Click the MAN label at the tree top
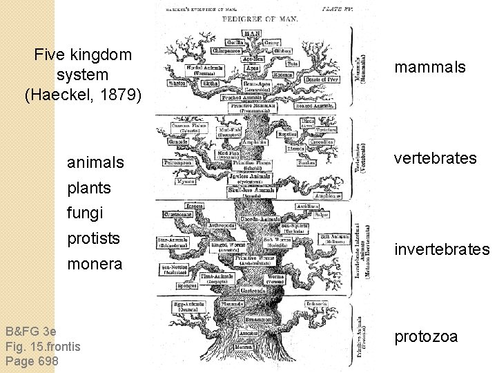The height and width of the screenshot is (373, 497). point(252,32)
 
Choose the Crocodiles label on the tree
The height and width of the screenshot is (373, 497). point(321,142)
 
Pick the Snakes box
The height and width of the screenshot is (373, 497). point(306,163)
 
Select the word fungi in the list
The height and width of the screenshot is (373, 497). point(84,213)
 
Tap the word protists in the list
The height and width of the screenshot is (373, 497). point(93,238)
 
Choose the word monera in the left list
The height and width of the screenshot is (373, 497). point(94,264)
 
